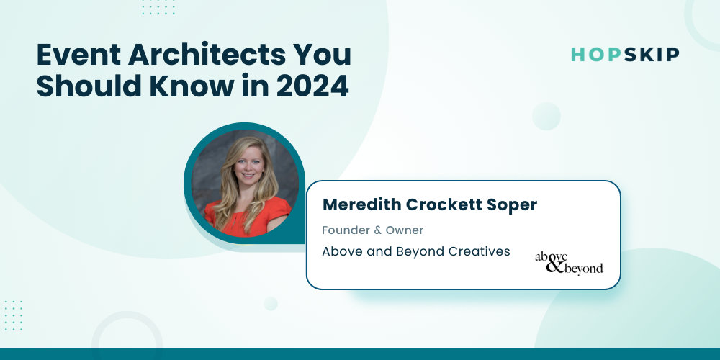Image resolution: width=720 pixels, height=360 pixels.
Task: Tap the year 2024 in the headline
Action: [x=312, y=87]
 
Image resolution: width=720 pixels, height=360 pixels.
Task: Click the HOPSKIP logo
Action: [x=625, y=55]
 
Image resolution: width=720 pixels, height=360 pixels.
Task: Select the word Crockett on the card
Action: [x=439, y=204]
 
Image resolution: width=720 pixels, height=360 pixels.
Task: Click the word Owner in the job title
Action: [x=405, y=230]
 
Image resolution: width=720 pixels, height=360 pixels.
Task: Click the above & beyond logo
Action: [x=569, y=263]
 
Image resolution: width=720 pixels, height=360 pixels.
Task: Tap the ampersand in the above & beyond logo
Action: [x=555, y=266]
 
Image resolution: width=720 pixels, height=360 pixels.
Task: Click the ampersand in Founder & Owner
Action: [x=377, y=230]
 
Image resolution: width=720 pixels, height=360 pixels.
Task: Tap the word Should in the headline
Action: [x=89, y=86]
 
